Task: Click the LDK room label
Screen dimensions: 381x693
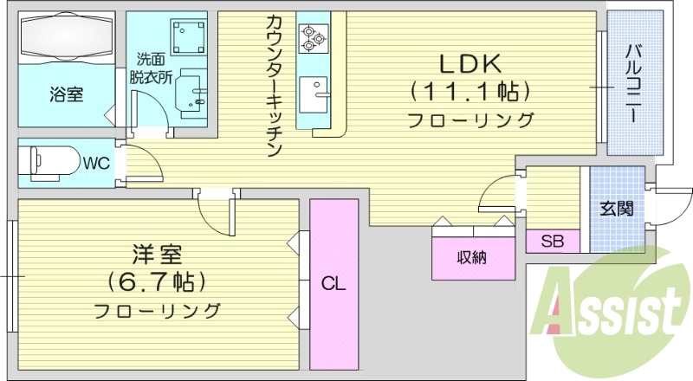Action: pyautogui.click(x=470, y=63)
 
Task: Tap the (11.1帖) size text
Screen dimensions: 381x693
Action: pyautogui.click(x=470, y=90)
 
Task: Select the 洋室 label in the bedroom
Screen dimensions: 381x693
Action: pyautogui.click(x=157, y=255)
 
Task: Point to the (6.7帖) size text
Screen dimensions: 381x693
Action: pyautogui.click(x=157, y=281)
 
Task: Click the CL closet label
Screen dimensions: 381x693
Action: pyautogui.click(x=334, y=283)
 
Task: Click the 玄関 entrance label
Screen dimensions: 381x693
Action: pyautogui.click(x=617, y=209)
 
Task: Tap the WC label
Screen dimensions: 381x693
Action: pyautogui.click(x=96, y=162)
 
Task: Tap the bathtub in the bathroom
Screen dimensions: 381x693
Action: pyautogui.click(x=66, y=39)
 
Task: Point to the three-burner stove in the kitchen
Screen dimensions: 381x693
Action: pyautogui.click(x=311, y=36)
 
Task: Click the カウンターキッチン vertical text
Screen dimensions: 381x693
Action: pyautogui.click(x=274, y=87)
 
